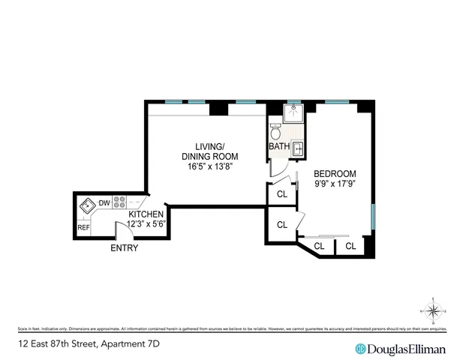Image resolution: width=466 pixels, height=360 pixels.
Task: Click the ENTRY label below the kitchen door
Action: tap(124, 248)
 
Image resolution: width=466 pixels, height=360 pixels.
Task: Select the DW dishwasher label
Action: tap(105, 203)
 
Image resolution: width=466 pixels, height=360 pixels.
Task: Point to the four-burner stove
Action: tap(119, 202)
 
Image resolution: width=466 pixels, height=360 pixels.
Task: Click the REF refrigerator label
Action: tap(83, 227)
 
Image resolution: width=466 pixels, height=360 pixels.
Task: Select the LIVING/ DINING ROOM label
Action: tap(203, 151)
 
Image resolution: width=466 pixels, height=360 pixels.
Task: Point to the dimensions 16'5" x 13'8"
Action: tap(203, 166)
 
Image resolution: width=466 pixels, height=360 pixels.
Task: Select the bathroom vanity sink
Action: tap(298, 148)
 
